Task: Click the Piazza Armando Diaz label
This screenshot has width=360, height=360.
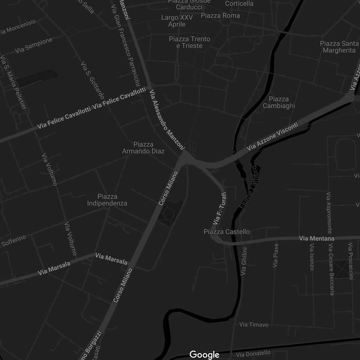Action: [143, 148]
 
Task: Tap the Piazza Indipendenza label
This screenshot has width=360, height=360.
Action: [107, 200]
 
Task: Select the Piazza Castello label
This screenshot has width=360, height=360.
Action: [227, 232]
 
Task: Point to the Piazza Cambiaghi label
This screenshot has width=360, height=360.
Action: [279, 102]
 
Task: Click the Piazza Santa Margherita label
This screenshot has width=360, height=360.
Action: [339, 47]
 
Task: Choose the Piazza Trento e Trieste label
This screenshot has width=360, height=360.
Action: [190, 42]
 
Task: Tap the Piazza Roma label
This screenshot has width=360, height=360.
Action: [220, 15]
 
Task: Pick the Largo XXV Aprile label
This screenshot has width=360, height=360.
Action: [177, 21]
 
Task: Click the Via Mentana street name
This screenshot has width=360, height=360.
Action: [317, 238]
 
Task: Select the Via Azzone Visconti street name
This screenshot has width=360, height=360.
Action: [273, 137]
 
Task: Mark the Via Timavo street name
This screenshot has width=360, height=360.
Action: [254, 324]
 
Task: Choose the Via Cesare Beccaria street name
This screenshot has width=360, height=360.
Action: [331, 269]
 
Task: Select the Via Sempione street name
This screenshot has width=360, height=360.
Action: [34, 45]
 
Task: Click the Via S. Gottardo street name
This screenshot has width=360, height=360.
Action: [92, 80]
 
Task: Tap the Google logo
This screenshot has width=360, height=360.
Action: [204, 354]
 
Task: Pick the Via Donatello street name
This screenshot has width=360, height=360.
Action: [253, 354]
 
